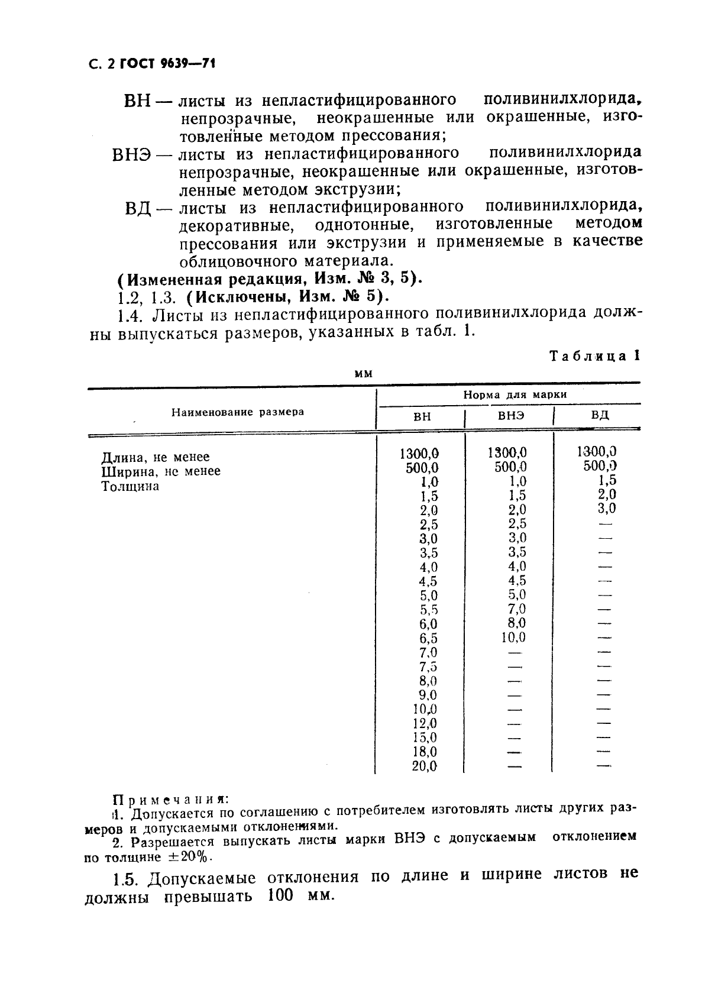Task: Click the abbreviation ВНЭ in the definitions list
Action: tap(132, 155)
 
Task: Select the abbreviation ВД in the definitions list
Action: tap(139, 209)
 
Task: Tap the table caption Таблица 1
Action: tap(594, 356)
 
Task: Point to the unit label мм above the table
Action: tap(363, 374)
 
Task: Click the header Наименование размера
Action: tap(238, 412)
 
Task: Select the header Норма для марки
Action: tap(515, 394)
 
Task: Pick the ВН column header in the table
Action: tap(422, 416)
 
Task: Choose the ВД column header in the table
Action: tap(600, 415)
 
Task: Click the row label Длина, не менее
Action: tap(156, 457)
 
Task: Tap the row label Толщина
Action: tap(130, 487)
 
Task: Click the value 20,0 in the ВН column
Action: tap(425, 766)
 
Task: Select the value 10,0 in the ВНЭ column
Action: tap(513, 638)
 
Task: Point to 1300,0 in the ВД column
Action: tap(597, 452)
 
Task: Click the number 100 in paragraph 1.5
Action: tap(280, 895)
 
